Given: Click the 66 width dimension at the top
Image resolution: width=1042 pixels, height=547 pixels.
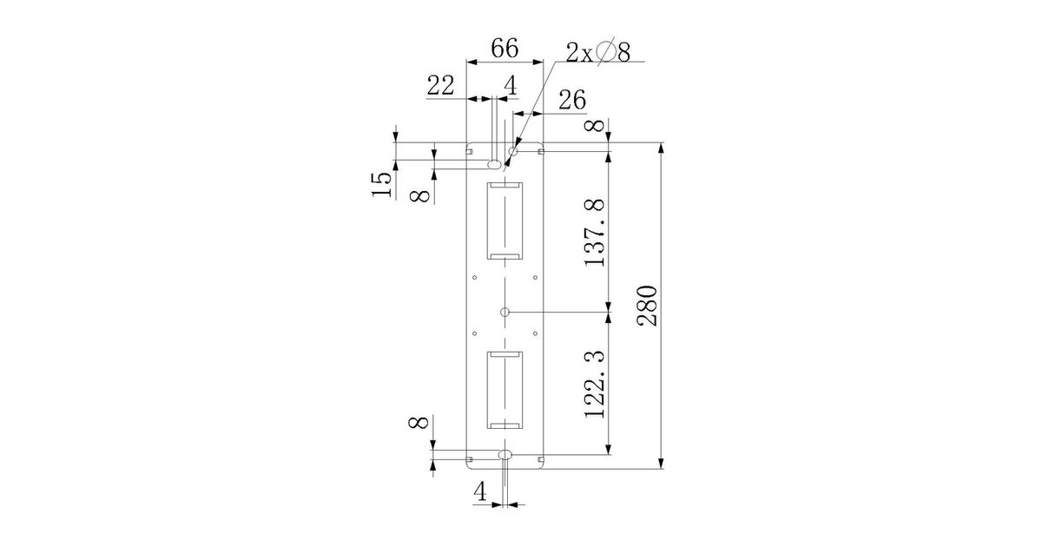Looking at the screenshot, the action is [x=505, y=49].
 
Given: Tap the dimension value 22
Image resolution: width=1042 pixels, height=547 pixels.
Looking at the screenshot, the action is [x=440, y=86].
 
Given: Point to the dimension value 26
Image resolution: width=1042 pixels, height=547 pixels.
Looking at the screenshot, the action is [x=572, y=100].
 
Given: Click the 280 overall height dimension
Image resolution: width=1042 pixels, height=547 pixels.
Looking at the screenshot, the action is [x=648, y=306].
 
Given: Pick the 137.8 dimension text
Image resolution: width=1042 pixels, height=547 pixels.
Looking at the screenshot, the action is [x=595, y=233].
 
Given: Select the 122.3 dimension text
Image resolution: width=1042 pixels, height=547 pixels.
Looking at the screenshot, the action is [x=595, y=384].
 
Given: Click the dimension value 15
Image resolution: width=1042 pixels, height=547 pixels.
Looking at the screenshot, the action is [x=381, y=184].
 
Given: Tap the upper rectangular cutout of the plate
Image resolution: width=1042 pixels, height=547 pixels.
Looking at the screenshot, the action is [x=505, y=221].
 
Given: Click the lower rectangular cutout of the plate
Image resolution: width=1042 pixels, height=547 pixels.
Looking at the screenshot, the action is [x=505, y=390].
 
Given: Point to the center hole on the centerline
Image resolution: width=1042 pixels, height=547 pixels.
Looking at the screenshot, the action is [x=505, y=312].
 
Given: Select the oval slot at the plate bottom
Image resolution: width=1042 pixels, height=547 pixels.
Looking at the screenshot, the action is [x=505, y=454].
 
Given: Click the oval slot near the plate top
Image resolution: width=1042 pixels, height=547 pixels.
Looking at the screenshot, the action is [x=494, y=164].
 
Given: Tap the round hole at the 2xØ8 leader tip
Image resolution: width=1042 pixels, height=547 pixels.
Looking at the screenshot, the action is [x=513, y=151].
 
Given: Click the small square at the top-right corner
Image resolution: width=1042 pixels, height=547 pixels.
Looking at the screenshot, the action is [x=540, y=151].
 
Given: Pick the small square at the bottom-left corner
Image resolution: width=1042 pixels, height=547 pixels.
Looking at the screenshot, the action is [x=470, y=459].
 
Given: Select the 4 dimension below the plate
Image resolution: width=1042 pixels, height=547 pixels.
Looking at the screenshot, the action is [x=480, y=491].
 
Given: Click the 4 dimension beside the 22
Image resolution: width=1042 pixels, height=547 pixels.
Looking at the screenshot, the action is [x=511, y=86].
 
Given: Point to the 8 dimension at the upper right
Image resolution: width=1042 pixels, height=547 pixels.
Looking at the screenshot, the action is [x=597, y=126].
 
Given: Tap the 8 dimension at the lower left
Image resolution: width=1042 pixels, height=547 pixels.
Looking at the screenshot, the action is [x=419, y=422].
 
